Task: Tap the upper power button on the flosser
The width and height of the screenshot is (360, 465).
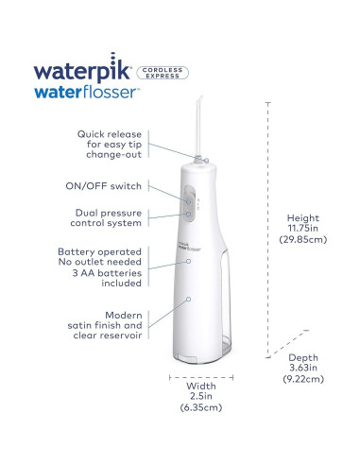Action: pyautogui.click(x=188, y=200)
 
